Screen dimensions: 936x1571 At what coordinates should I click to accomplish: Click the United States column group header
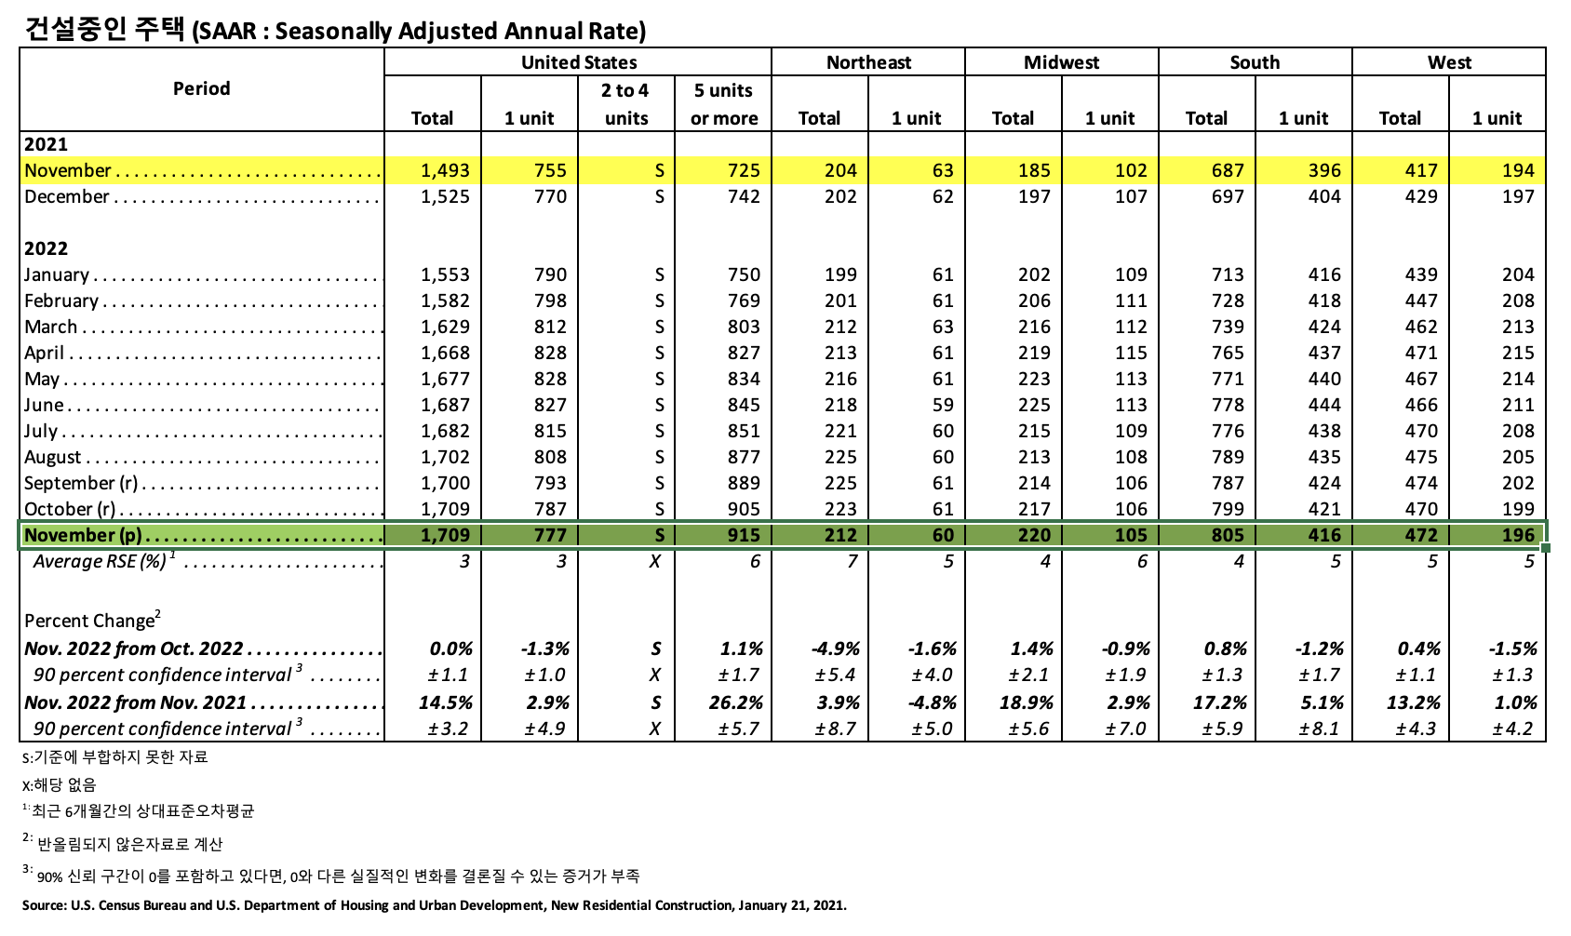tap(578, 62)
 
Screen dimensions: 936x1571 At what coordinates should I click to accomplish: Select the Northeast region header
tap(868, 62)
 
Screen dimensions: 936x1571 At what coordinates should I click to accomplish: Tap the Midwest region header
tap(1061, 62)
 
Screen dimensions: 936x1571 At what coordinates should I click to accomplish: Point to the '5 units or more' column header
tap(723, 104)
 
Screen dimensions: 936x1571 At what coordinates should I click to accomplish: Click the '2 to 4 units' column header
tap(625, 104)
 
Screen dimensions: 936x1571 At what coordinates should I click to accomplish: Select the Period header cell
tap(201, 88)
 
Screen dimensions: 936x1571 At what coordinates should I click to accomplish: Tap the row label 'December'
tap(67, 196)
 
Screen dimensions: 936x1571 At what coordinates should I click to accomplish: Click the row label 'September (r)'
tap(81, 483)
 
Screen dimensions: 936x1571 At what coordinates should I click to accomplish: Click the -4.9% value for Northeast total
tap(835, 649)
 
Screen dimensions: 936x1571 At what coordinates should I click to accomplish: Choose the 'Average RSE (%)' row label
tap(100, 561)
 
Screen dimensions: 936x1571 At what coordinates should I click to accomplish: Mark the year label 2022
tap(46, 248)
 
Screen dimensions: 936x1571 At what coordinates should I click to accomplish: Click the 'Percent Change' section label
tap(90, 621)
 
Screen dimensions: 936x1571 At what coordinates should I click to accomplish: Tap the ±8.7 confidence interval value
tap(835, 729)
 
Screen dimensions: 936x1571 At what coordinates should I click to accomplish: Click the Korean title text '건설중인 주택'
tap(103, 30)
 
